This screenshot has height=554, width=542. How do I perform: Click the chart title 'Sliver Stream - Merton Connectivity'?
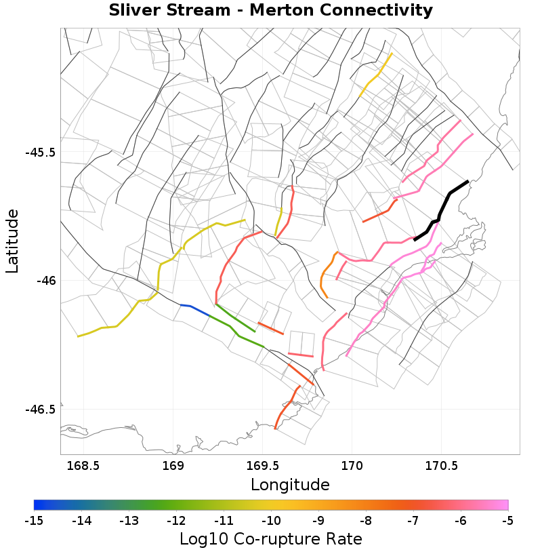270,10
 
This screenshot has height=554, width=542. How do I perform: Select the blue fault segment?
196,309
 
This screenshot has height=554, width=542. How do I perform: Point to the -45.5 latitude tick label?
40,152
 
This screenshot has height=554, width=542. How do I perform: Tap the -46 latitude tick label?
45,280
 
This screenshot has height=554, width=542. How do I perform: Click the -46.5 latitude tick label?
40,409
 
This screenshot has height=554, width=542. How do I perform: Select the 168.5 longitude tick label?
83,467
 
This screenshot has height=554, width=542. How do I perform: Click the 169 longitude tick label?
173,467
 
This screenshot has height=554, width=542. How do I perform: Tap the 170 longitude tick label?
352,467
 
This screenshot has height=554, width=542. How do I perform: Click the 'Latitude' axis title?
12,241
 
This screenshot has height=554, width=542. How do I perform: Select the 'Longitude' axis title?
290,485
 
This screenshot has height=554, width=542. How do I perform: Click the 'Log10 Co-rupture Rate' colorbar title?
270,540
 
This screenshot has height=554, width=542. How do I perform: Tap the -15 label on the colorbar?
34,521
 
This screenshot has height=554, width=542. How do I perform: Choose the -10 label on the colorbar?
271,521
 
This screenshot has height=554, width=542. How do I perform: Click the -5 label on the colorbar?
507,521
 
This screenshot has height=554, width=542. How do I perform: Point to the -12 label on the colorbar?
176,521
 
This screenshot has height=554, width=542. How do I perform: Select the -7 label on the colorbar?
413,521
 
